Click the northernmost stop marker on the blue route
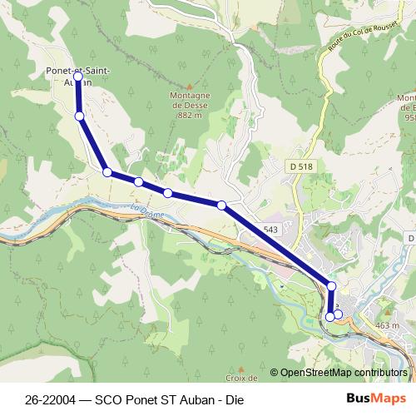(x=78, y=76)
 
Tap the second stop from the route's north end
(x=80, y=116)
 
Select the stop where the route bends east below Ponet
(x=107, y=172)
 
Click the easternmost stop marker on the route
(x=338, y=314)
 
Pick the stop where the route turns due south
(x=331, y=286)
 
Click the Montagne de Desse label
(x=190, y=101)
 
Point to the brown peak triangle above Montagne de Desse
(x=190, y=86)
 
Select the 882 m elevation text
(x=190, y=116)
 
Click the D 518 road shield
(x=302, y=166)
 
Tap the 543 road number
(x=270, y=229)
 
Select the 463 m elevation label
(x=388, y=325)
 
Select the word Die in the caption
(x=240, y=398)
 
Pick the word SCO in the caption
(x=113, y=398)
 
